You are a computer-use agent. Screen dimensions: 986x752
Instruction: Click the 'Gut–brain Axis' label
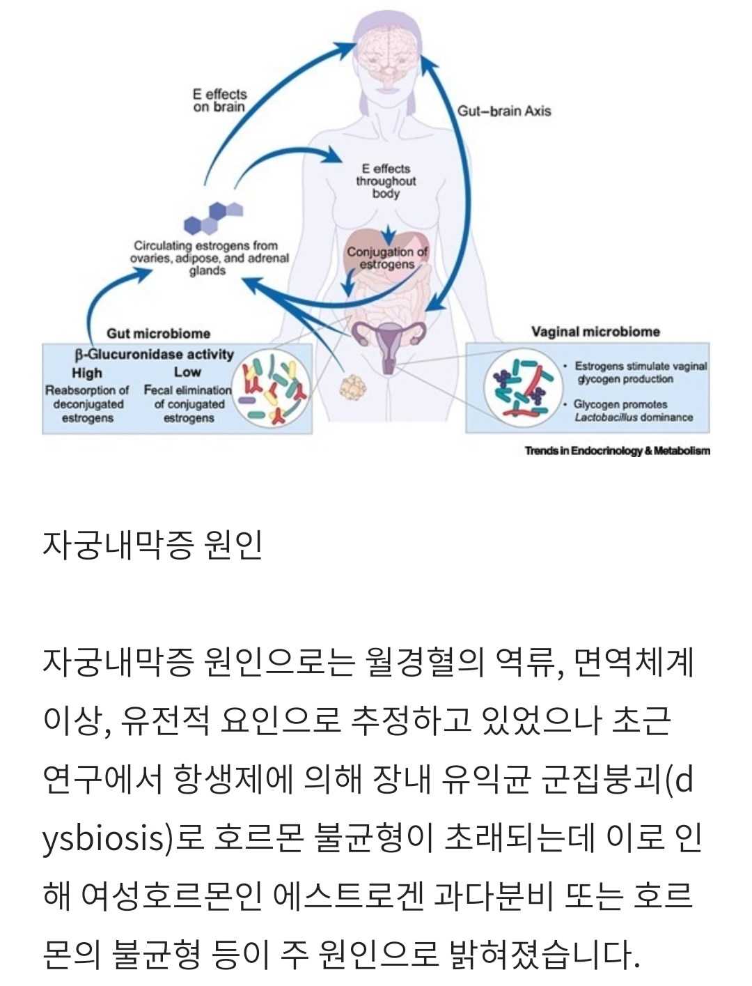point(503,111)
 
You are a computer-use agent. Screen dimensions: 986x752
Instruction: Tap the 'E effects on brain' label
point(219,100)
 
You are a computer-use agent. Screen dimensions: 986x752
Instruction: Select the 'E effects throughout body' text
point(386,180)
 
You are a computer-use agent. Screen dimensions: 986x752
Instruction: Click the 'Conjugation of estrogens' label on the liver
point(387,258)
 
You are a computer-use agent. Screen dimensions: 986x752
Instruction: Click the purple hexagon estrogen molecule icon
point(213,217)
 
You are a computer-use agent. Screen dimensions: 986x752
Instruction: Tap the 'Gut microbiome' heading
point(158,334)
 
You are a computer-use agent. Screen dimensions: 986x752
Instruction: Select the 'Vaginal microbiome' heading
point(595,332)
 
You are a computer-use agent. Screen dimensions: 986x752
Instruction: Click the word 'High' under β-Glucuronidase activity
point(87,373)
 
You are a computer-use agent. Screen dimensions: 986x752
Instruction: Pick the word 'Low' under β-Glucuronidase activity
point(187,372)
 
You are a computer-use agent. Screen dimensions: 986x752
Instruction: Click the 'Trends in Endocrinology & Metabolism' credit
point(617,451)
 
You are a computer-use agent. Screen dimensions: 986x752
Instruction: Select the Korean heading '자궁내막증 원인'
point(152,544)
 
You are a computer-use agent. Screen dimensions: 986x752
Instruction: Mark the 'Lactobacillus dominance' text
point(633,417)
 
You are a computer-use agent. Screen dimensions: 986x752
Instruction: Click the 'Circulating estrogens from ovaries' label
point(207,258)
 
